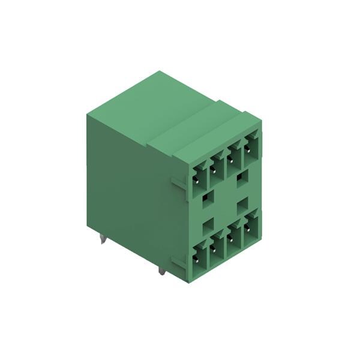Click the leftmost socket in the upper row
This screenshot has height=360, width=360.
(197, 179)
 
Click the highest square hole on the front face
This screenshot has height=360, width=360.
(243, 177)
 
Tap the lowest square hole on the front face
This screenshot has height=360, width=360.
(208, 226)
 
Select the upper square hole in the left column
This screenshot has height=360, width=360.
(208, 197)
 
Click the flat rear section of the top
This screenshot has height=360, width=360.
(150, 105)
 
